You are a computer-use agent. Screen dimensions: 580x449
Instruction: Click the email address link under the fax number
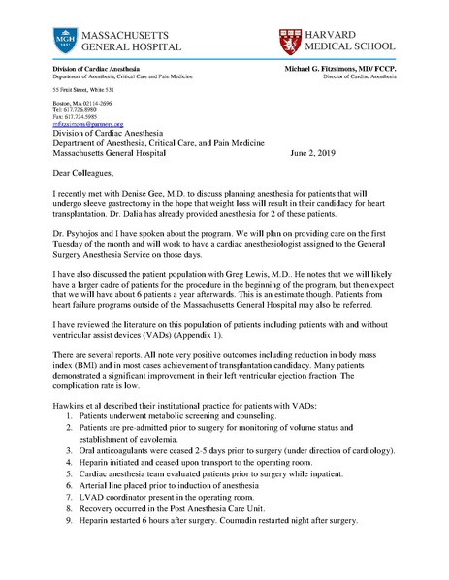tap(87, 125)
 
